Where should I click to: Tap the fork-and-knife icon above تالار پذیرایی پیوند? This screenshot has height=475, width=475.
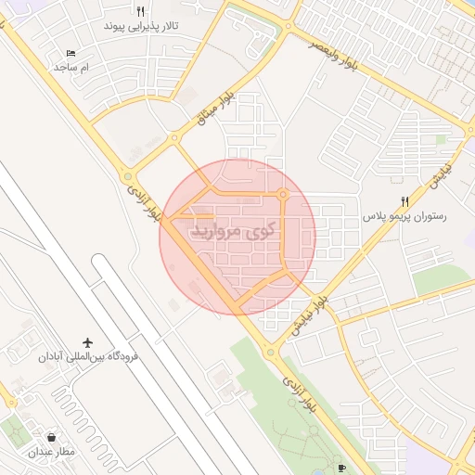(141, 12)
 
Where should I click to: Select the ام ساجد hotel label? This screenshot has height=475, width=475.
(71, 68)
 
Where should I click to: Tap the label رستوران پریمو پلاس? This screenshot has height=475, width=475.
(404, 216)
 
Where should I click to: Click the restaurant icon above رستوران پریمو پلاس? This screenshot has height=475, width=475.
(404, 201)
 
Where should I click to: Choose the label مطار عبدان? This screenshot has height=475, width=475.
(50, 452)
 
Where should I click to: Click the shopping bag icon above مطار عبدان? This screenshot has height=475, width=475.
(50, 437)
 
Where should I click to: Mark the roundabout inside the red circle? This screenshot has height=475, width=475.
(283, 194)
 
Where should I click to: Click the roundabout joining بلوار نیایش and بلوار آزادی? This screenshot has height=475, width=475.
(270, 352)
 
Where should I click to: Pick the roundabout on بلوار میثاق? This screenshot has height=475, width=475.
(174, 139)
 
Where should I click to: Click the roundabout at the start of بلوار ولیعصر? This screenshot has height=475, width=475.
(289, 26)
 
